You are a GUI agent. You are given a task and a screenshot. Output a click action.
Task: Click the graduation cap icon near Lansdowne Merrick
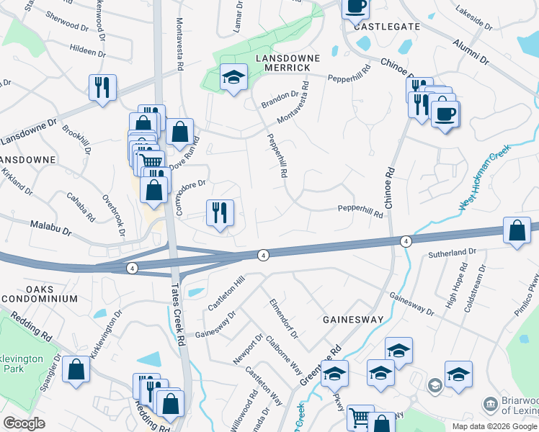[233, 78]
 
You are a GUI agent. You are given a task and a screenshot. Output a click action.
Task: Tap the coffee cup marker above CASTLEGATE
[355, 7]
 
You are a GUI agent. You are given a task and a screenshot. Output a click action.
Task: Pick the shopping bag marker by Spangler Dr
[76, 369]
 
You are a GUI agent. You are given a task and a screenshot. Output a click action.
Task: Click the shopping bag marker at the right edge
[517, 231]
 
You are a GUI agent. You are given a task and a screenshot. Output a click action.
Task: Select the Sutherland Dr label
[453, 253]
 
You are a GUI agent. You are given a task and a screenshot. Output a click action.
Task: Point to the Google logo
[24, 423]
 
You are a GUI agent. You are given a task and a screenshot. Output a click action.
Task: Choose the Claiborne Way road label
[283, 355]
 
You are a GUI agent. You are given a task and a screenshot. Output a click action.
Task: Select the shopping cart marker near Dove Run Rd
[151, 161]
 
